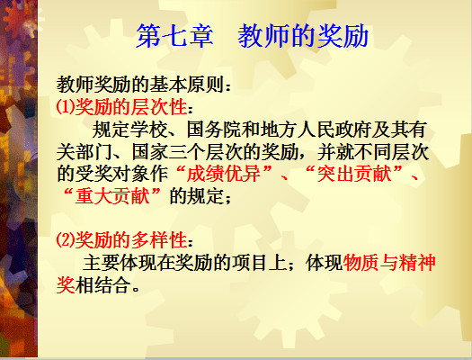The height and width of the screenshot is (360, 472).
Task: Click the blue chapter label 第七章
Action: [x=174, y=36]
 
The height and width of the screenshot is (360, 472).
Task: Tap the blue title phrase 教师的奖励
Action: [x=303, y=36]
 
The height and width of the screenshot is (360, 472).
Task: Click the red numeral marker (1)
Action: [x=66, y=107]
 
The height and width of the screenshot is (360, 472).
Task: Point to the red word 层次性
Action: [x=159, y=107]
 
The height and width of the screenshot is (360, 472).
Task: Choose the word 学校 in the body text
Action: [x=148, y=130]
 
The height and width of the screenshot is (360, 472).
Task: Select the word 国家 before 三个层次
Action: [x=150, y=152]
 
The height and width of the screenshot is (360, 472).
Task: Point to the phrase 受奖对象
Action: [x=112, y=174]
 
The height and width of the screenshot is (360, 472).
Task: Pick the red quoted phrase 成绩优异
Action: [x=223, y=174]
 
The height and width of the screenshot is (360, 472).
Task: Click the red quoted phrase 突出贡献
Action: [x=354, y=174]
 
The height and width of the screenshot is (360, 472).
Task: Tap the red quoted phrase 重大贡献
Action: [x=112, y=196]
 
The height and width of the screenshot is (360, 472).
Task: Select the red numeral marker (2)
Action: [x=66, y=240]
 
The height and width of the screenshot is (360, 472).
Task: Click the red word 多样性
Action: [x=159, y=240]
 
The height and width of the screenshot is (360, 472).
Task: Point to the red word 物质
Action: [x=361, y=263]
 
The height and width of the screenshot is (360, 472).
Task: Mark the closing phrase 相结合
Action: [x=103, y=285]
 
